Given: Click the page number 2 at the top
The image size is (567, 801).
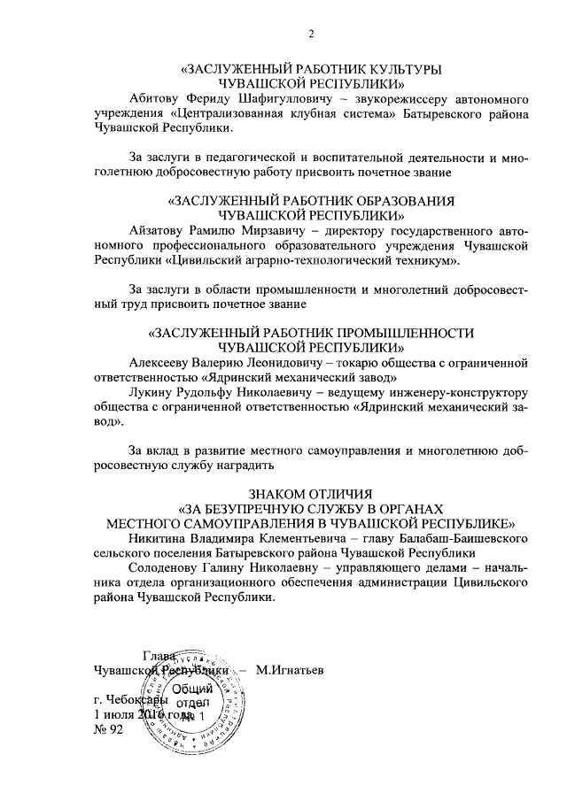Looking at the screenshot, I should (x=312, y=35).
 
